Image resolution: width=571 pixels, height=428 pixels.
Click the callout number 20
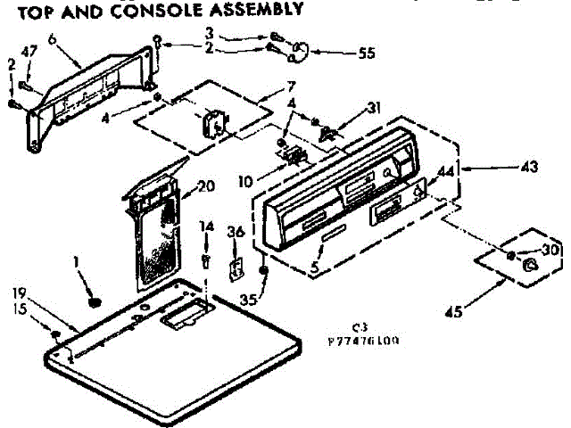pyautogui.click(x=206, y=186)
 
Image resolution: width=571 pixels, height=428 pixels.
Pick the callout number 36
pyautogui.click(x=236, y=233)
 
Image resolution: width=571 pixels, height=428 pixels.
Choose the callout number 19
pyautogui.click(x=21, y=292)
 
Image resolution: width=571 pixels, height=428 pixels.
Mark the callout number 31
pyautogui.click(x=373, y=108)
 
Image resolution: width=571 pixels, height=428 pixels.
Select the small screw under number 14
pyautogui.click(x=205, y=259)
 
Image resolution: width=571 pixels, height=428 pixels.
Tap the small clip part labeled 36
pyautogui.click(x=237, y=267)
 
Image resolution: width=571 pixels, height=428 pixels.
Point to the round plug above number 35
pyautogui.click(x=265, y=272)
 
